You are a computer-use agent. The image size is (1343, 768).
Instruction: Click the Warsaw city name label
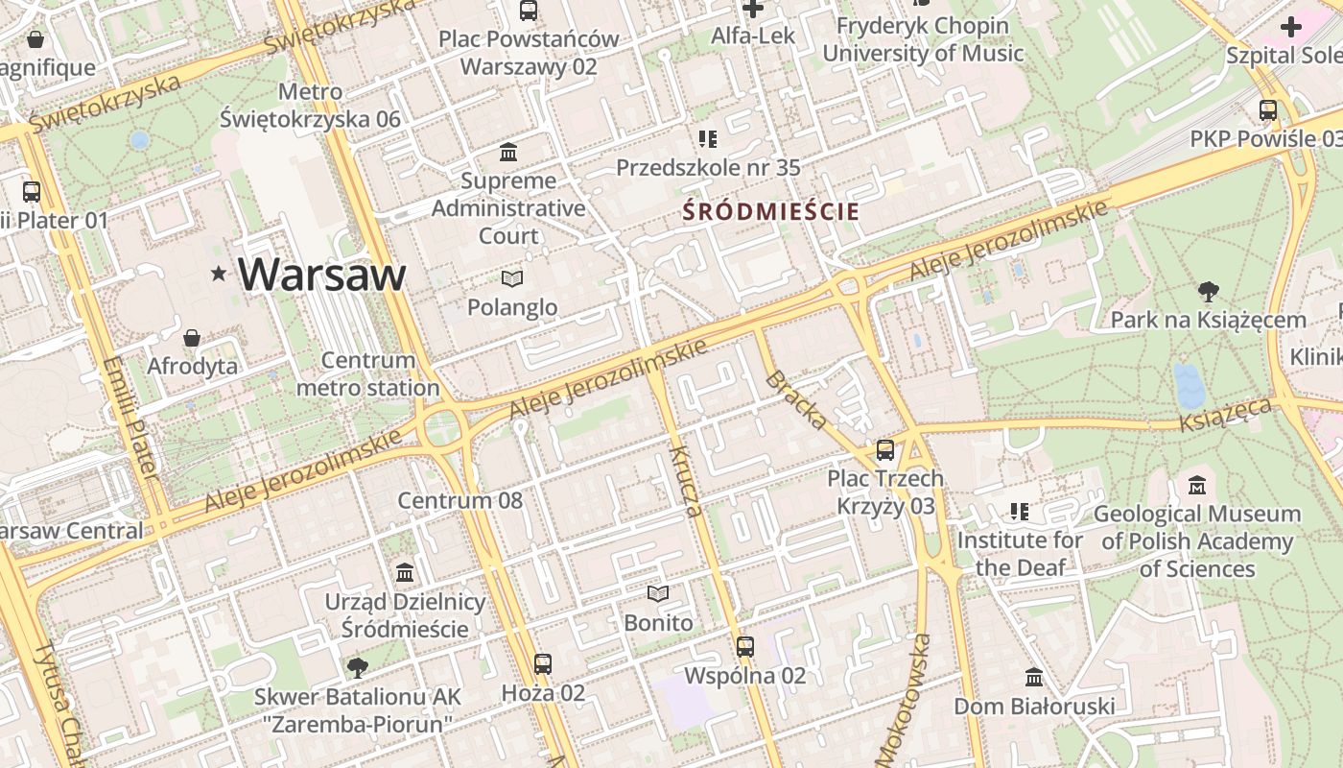coord(322,275)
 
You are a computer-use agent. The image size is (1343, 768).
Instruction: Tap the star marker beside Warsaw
coord(219,275)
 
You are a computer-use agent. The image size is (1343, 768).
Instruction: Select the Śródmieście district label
coord(771,212)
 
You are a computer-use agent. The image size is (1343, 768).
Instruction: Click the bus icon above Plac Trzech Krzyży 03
coord(885,449)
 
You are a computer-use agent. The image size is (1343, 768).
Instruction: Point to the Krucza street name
coord(688,481)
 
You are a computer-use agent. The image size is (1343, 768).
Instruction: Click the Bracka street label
coord(796,399)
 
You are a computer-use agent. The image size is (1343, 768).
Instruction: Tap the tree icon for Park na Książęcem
coord(1208,292)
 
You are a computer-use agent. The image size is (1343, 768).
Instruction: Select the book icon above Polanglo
coord(512,279)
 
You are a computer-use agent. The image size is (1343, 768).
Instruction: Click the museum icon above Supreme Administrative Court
coord(508,153)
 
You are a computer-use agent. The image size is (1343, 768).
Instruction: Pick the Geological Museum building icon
coord(1196,486)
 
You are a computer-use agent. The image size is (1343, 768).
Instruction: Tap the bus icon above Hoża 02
coord(543,663)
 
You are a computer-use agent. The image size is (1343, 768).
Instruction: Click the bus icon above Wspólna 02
coord(745,646)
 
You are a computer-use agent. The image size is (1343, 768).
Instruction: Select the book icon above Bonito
coord(657,594)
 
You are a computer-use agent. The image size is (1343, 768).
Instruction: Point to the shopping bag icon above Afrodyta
coord(192,338)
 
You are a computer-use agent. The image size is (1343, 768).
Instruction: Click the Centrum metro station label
coord(368,374)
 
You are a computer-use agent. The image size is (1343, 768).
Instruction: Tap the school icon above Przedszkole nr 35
coord(708,139)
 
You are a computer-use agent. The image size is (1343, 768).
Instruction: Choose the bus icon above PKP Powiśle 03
coord(1268,110)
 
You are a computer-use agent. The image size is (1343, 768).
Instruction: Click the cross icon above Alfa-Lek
coord(753,9)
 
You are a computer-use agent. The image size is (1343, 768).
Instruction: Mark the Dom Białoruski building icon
coord(1034,678)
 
